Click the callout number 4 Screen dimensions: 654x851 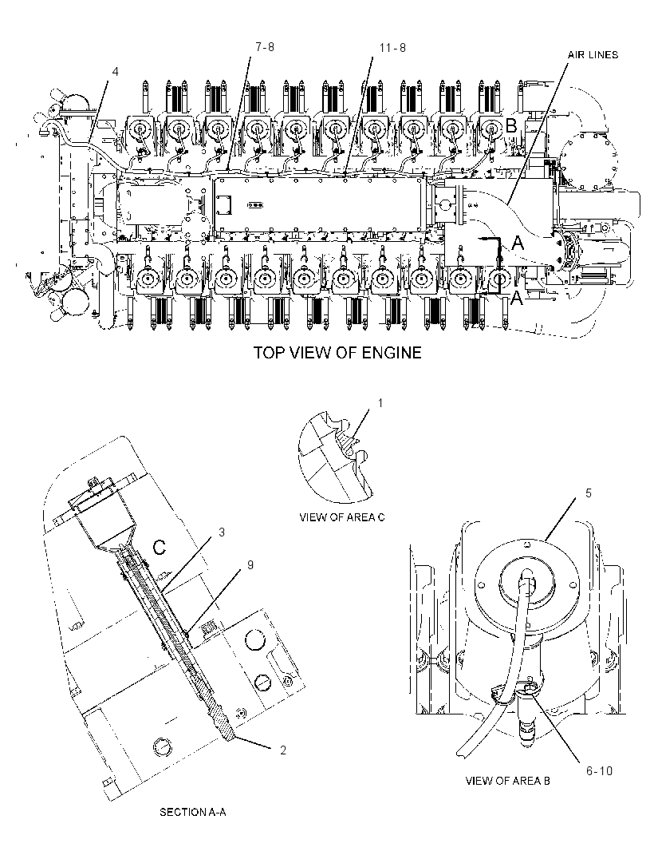(115, 71)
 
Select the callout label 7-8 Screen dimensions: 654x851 (265, 47)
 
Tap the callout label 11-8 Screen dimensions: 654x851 (392, 48)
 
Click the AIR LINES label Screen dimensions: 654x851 (593, 55)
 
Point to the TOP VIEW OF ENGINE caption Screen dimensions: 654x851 (338, 353)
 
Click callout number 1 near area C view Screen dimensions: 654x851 (380, 403)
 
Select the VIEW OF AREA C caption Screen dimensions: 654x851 (342, 517)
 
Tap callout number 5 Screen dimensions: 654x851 (589, 493)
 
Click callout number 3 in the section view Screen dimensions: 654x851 (222, 532)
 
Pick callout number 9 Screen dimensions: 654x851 (250, 565)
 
